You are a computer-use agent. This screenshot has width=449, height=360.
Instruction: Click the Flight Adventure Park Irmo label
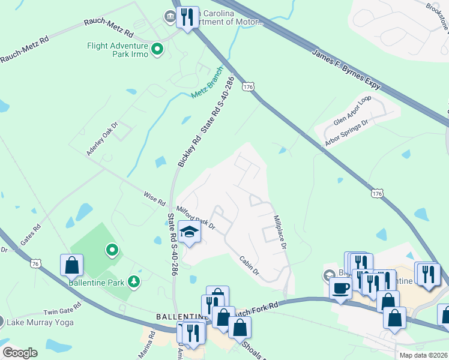pyautogui.click(x=117, y=49)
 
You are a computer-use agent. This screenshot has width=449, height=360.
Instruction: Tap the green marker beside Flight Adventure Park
pyautogui.click(x=158, y=49)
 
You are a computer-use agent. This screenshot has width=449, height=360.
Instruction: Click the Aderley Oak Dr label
pyautogui.click(x=101, y=139)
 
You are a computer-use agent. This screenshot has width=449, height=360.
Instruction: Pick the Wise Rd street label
pyautogui.click(x=154, y=198)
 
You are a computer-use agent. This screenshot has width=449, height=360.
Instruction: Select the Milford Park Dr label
pyautogui.click(x=195, y=217)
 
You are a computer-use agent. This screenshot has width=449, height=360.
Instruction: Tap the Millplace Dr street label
pyautogui.click(x=280, y=232)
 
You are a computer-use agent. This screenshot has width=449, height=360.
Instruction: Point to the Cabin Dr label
pyautogui.click(x=249, y=266)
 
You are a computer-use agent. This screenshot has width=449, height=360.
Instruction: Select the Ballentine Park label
pyautogui.click(x=96, y=282)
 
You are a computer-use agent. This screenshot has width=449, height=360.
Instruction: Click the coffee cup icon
pyautogui.click(x=340, y=288)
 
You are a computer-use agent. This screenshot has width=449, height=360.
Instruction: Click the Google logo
pyautogui.click(x=20, y=353)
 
